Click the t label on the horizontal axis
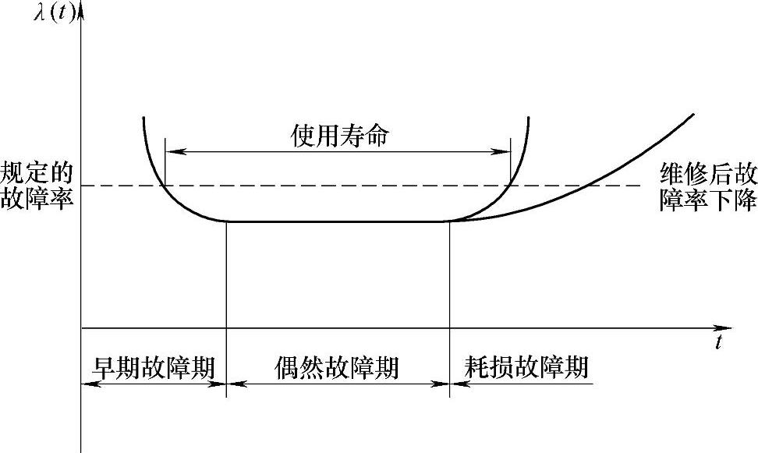tap(719, 343)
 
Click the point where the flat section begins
tap(226, 221)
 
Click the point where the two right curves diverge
tap(451, 221)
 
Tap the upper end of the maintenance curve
tap(692, 115)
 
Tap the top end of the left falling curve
tap(144, 118)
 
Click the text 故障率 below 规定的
tap(37, 199)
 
